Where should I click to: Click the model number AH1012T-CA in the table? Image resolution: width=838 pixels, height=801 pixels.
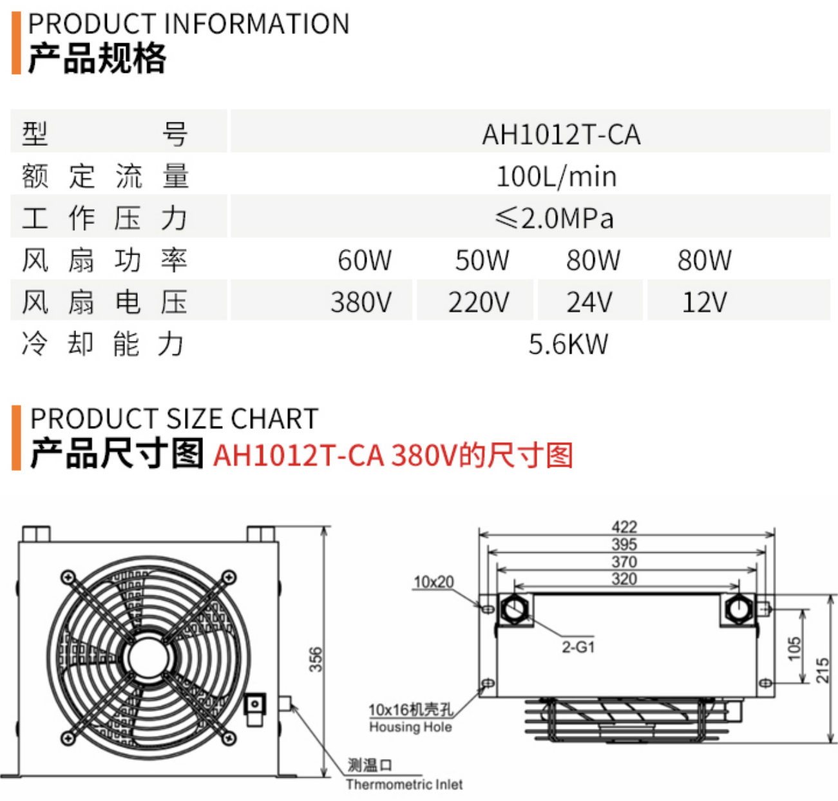pyautogui.click(x=561, y=135)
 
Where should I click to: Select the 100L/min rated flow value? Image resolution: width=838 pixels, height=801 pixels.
pyautogui.click(x=557, y=177)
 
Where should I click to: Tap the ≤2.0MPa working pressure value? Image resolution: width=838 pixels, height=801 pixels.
pyautogui.click(x=554, y=218)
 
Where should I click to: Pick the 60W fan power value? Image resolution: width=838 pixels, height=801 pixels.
pyautogui.click(x=365, y=260)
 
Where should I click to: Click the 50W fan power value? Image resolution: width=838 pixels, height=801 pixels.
pyautogui.click(x=482, y=260)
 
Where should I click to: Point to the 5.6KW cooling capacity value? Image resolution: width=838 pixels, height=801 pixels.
pyautogui.click(x=568, y=344)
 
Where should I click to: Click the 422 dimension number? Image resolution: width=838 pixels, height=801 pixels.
pyautogui.click(x=624, y=526)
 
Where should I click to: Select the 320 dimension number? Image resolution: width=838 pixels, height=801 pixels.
pyautogui.click(x=624, y=578)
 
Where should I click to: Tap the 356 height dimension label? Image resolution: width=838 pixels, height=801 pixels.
pyautogui.click(x=316, y=659)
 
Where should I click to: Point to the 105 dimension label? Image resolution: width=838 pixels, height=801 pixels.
pyautogui.click(x=794, y=648)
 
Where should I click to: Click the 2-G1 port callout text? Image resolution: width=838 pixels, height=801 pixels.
pyautogui.click(x=578, y=647)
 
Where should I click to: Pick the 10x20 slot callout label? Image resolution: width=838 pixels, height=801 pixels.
pyautogui.click(x=433, y=582)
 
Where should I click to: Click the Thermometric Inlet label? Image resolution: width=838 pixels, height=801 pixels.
pyautogui.click(x=405, y=784)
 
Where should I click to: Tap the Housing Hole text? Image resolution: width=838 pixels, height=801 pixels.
pyautogui.click(x=410, y=727)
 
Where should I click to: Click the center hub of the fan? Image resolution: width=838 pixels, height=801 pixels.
pyautogui.click(x=149, y=657)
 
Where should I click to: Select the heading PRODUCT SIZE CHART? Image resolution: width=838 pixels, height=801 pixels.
pyautogui.click(x=175, y=418)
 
